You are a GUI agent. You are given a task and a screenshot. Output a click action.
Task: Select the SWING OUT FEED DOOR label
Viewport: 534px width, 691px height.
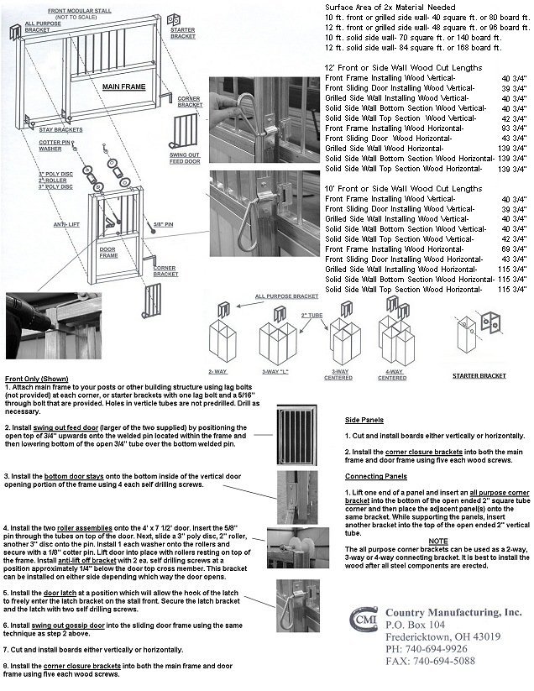click(187, 160)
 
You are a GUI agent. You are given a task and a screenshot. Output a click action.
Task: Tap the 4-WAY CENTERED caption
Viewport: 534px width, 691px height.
click(391, 375)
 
